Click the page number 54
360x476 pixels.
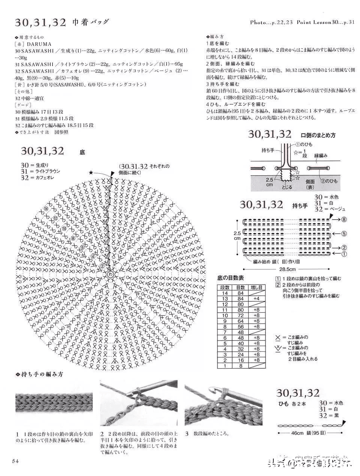click(15, 461)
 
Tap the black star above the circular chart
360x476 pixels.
click(91, 172)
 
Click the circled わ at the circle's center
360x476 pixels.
click(110, 274)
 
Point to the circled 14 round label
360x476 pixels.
click(46, 209)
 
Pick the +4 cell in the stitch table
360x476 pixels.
click(256, 298)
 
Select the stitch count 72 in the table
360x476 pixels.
click(240, 315)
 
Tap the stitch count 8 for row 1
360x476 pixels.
click(240, 366)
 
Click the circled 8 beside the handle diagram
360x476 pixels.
click(344, 219)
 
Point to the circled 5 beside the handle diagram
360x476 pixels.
click(344, 233)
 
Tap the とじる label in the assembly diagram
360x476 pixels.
click(286, 187)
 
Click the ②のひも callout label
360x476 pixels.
click(328, 181)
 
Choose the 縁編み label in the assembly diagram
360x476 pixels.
click(321, 155)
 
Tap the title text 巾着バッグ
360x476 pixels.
click(90, 22)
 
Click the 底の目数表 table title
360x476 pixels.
click(231, 278)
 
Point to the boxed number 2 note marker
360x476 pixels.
click(278, 285)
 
